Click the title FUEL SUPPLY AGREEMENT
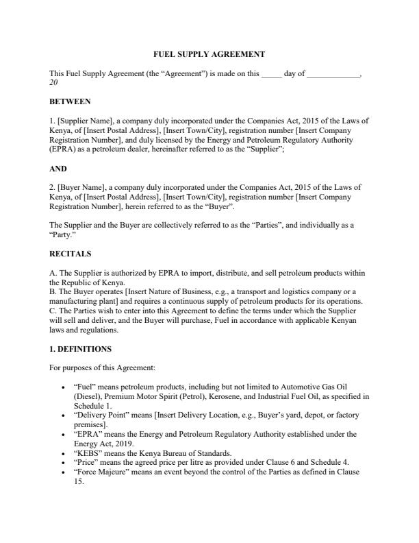[208, 53]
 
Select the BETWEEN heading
[70, 101]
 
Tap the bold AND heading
[58, 168]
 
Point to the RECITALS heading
[71, 253]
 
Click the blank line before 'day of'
[271, 73]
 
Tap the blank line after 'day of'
[333, 73]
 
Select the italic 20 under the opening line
[54, 82]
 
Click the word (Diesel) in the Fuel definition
[88, 396]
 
